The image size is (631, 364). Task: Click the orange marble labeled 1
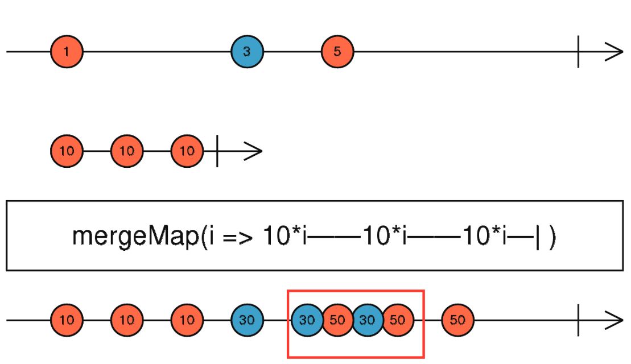(x=67, y=52)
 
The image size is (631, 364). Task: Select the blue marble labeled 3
(x=247, y=52)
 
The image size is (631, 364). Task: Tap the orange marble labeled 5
(x=337, y=52)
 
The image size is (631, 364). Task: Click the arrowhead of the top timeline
(x=614, y=52)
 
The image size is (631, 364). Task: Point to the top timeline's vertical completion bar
(x=578, y=52)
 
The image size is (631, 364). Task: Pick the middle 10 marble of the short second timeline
(x=127, y=151)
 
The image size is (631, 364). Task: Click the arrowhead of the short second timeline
(x=254, y=151)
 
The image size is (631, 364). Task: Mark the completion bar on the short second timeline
(x=217, y=151)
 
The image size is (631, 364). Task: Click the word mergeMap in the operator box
(x=135, y=236)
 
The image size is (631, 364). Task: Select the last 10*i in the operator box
(x=485, y=235)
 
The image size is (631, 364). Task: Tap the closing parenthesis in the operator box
(x=552, y=237)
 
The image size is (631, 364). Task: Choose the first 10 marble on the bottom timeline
(x=67, y=320)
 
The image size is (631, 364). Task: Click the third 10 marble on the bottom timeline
(x=187, y=320)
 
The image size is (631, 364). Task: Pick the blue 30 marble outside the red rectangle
(x=247, y=320)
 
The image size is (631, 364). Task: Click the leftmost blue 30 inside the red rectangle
(x=307, y=320)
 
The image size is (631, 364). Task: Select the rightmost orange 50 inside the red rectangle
(x=398, y=320)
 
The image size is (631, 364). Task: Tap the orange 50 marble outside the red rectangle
(x=457, y=320)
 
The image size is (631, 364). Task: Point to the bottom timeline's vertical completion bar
(x=578, y=320)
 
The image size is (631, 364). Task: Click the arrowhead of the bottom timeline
(x=614, y=321)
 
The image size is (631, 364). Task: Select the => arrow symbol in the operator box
(x=238, y=237)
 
